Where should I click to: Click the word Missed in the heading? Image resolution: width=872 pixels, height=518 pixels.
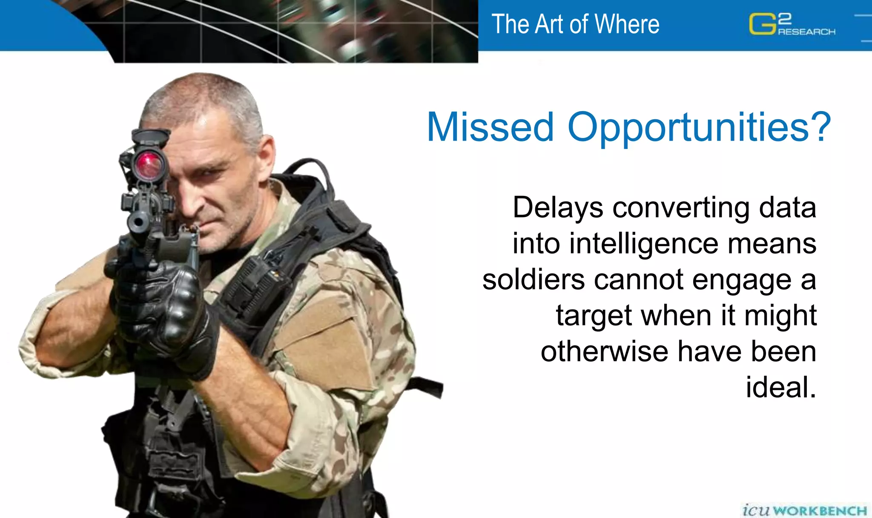pos(490,127)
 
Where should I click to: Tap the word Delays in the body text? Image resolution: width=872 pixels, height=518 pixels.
pos(558,208)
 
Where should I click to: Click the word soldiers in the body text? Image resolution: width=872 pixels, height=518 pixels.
pos(534,280)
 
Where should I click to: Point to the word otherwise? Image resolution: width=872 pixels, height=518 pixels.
pos(605,351)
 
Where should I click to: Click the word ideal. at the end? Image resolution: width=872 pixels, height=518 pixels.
pos(781,387)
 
